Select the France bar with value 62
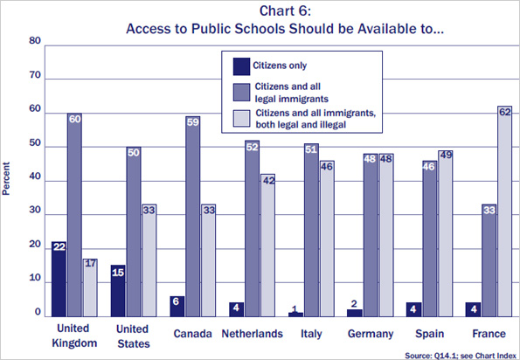click(503, 210)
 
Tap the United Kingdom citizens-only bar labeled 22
click(58, 278)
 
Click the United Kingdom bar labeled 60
click(74, 213)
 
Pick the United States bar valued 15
click(119, 290)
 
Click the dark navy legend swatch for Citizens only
click(239, 65)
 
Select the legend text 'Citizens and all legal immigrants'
click(293, 93)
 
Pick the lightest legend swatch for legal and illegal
click(239, 119)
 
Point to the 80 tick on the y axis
click(35, 42)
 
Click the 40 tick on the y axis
click(35, 181)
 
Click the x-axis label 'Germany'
click(374, 334)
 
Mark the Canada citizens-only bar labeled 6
click(178, 305)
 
